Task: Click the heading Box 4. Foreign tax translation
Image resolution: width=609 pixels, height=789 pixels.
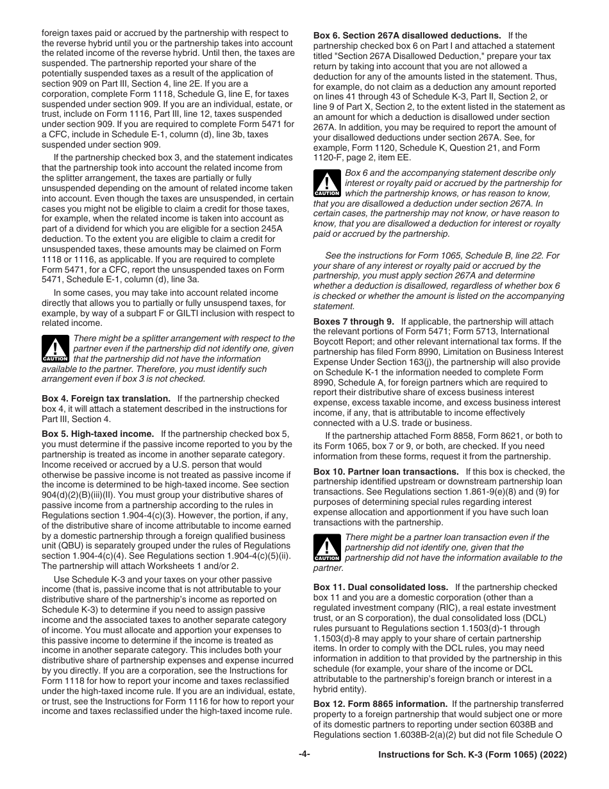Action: point(106,398)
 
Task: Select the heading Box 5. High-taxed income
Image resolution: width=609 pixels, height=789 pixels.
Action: point(97,434)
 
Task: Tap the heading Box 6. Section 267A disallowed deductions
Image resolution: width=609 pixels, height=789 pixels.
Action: point(407,35)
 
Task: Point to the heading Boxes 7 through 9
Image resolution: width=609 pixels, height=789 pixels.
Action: point(354,321)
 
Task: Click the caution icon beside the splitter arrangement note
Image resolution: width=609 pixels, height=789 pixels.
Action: point(55,350)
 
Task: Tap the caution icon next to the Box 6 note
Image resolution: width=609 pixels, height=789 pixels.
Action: point(326,183)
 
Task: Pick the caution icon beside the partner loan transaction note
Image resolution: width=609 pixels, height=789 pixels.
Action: point(326,548)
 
